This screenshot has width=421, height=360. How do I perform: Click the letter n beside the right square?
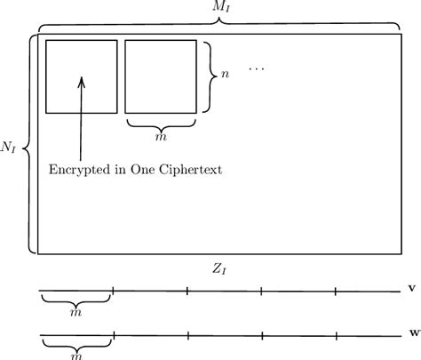226,76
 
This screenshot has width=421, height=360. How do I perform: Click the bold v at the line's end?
411,289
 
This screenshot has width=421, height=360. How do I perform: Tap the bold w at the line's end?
411,334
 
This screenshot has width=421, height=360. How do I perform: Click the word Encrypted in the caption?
78,170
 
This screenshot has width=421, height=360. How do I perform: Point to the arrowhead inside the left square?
82,81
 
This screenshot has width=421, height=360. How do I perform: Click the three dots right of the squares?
256,68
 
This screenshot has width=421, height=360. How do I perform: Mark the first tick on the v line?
114,290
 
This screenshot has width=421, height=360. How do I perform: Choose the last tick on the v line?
336,290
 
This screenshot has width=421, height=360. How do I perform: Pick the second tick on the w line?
187,335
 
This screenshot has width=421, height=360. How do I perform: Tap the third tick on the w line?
261,335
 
